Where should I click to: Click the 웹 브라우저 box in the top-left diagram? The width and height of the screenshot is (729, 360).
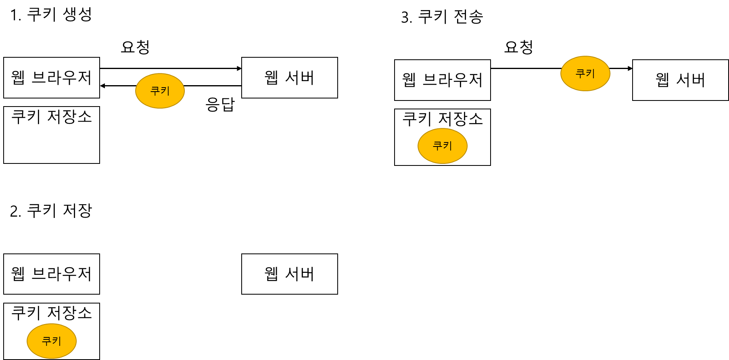pyautogui.click(x=52, y=77)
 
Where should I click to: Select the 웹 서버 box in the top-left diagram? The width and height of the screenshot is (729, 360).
pyautogui.click(x=289, y=77)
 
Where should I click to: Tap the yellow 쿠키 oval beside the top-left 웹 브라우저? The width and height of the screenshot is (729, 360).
pyautogui.click(x=160, y=91)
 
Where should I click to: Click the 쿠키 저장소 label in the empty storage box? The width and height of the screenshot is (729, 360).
pyautogui.click(x=52, y=117)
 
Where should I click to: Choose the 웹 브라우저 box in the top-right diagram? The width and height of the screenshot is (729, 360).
pyautogui.click(x=442, y=80)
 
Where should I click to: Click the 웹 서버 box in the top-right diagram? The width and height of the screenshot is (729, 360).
pyautogui.click(x=680, y=80)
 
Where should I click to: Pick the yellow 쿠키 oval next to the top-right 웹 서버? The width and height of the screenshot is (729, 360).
pyautogui.click(x=585, y=73)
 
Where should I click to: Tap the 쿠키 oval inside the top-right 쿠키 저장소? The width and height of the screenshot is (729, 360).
pyautogui.click(x=442, y=146)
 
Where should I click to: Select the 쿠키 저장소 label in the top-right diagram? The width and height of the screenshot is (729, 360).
pyautogui.click(x=442, y=119)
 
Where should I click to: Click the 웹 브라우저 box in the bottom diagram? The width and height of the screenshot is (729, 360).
pyautogui.click(x=52, y=274)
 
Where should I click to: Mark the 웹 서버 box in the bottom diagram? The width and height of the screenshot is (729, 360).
pyautogui.click(x=289, y=274)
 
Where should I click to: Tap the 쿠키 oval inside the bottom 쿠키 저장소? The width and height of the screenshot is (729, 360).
pyautogui.click(x=52, y=341)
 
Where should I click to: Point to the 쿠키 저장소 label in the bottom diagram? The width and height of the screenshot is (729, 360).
pyautogui.click(x=52, y=313)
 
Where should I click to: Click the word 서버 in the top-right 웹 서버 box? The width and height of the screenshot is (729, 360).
pyautogui.click(x=691, y=80)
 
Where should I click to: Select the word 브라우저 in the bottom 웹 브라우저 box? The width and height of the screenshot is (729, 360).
pyautogui.click(x=62, y=274)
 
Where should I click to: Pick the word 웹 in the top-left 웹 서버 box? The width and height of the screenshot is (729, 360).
pyautogui.click(x=271, y=77)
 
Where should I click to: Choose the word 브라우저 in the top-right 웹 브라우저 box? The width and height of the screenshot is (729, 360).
pyautogui.click(x=452, y=80)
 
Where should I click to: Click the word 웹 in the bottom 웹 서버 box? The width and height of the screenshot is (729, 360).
pyautogui.click(x=271, y=274)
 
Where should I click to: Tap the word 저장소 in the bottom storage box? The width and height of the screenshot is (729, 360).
pyautogui.click(x=69, y=313)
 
